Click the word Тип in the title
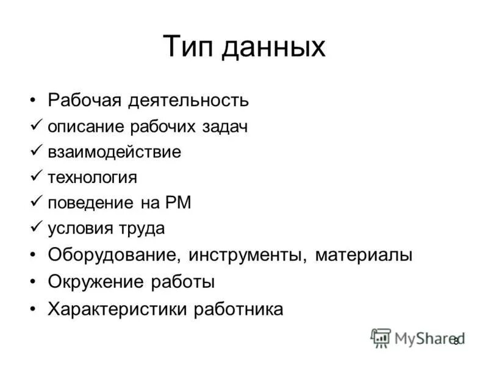coord(188,48)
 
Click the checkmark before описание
coord(35,126)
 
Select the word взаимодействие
coord(114,152)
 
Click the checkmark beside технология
coord(35,177)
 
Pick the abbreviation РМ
coord(180,203)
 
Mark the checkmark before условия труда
coord(35,228)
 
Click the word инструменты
coord(248,254)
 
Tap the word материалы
coord(364,254)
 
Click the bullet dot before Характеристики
coord(32,309)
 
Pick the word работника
coord(239,309)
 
